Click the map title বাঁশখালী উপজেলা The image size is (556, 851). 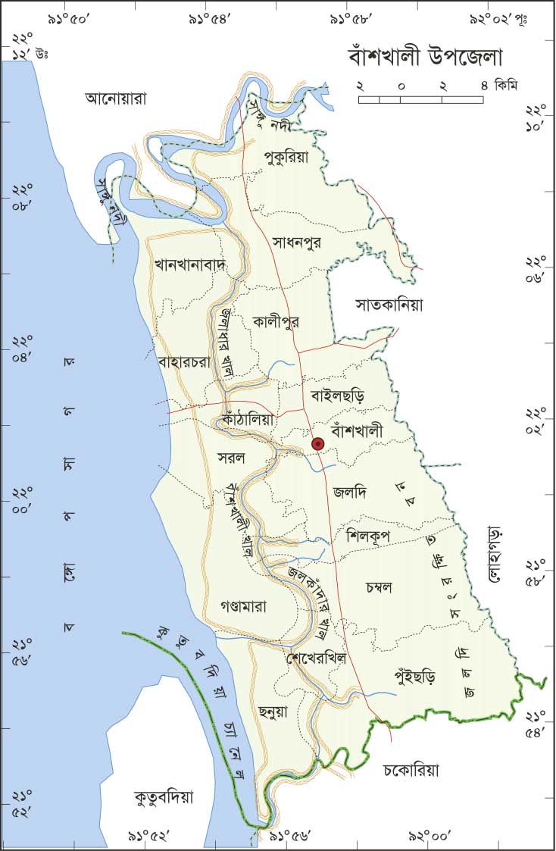tap(426, 58)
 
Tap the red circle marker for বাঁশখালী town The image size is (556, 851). tap(318, 444)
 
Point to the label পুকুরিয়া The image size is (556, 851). tap(286, 157)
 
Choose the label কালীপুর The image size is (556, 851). tap(276, 321)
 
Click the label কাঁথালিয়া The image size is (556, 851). tap(248, 418)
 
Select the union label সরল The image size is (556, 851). tap(230, 458)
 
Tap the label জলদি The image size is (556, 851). tap(349, 493)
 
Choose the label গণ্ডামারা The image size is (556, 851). tap(243, 606)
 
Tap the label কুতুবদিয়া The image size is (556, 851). tap(164, 797)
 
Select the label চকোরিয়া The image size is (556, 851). tap(410, 771)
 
